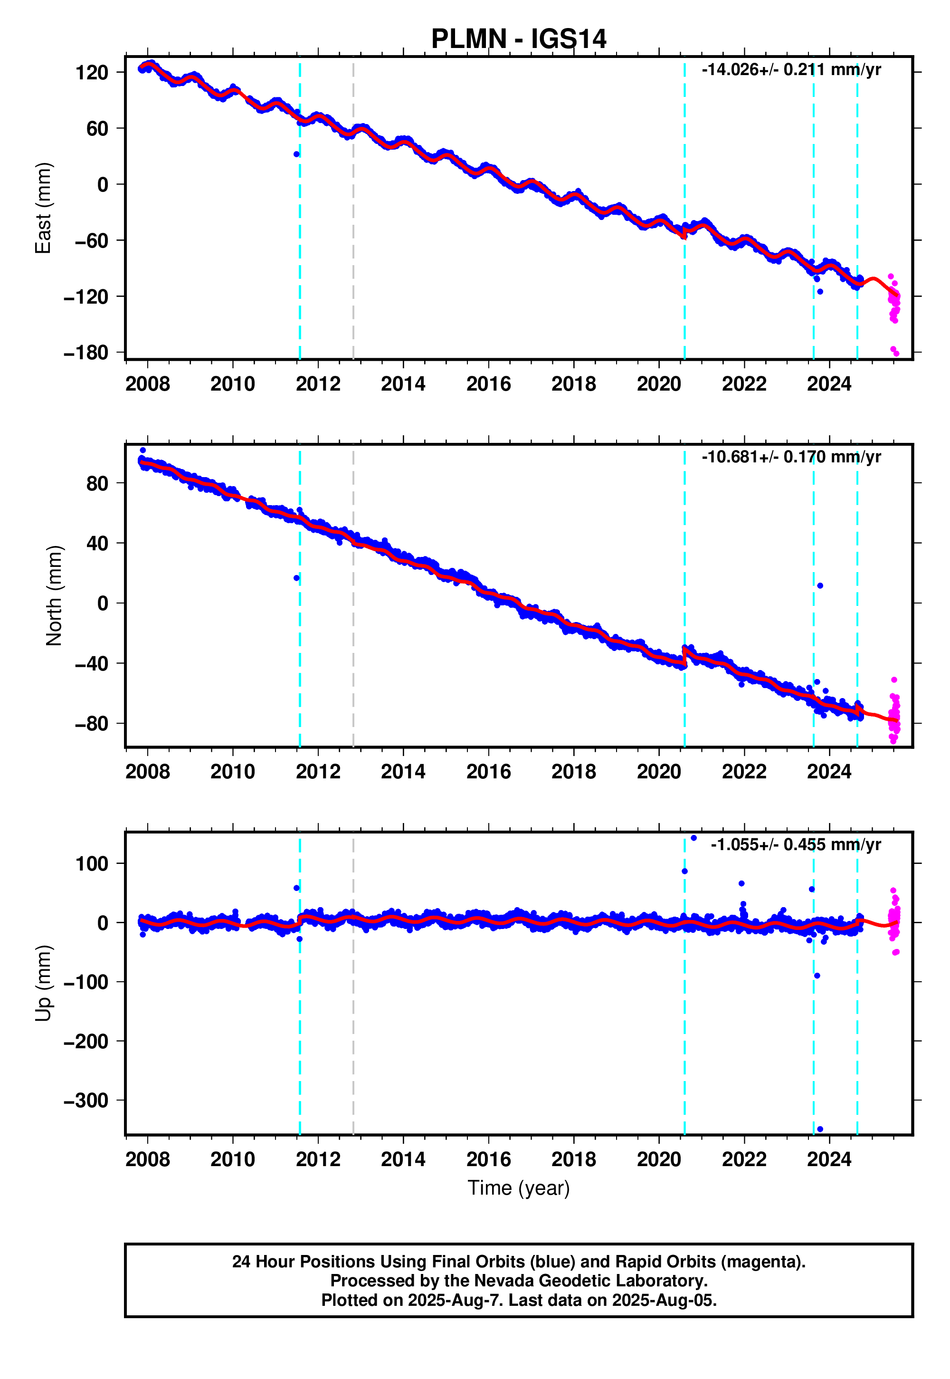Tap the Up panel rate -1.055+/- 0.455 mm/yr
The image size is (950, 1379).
pos(795,844)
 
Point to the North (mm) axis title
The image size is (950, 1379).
pos(54,595)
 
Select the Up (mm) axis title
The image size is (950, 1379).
pos(43,983)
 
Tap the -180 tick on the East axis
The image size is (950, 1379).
pos(86,353)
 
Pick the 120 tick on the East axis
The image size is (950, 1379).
pos(92,73)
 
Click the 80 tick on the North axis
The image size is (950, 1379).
pos(97,483)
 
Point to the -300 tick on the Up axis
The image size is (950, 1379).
pos(86,1101)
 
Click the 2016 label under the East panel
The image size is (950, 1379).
pos(488,384)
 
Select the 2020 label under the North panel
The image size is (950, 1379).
pos(658,772)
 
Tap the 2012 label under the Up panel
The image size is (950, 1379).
pos(318,1159)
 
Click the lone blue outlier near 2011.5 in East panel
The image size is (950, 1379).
pos(296,154)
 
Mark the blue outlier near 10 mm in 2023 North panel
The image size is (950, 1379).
pos(820,586)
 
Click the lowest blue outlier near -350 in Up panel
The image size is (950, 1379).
pos(820,1129)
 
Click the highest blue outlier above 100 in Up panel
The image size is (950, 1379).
pos(693,838)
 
